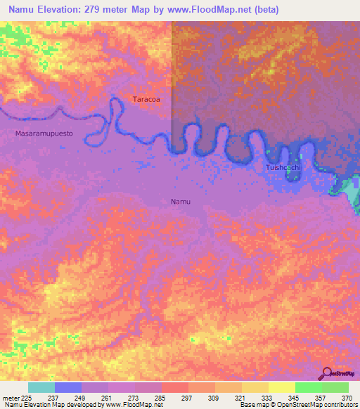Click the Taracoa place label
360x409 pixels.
click(146, 100)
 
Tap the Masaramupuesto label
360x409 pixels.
click(44, 133)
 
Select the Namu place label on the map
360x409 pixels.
click(181, 202)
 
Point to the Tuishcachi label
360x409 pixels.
click(284, 168)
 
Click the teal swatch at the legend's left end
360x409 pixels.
click(41, 387)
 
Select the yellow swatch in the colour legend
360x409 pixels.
click(281, 387)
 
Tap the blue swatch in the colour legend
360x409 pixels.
click(67, 387)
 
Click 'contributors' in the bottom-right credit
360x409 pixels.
click(341, 405)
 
